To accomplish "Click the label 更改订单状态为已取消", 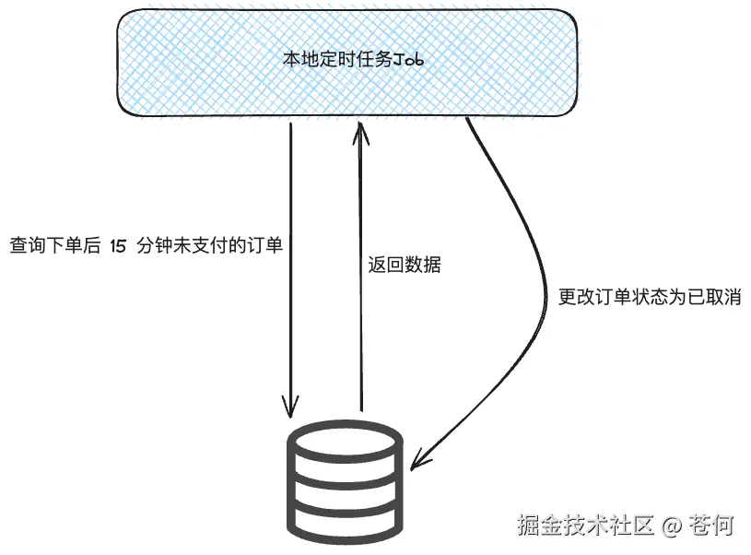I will pyautogui.click(x=651, y=297).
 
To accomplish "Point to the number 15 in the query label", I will pyautogui.click(x=117, y=246).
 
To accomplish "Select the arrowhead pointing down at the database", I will pyautogui.click(x=291, y=406).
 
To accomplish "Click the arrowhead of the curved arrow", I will pyautogui.click(x=419, y=457).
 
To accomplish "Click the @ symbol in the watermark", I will pyautogui.click(x=671, y=525).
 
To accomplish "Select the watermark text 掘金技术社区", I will pyautogui.click(x=585, y=525).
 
